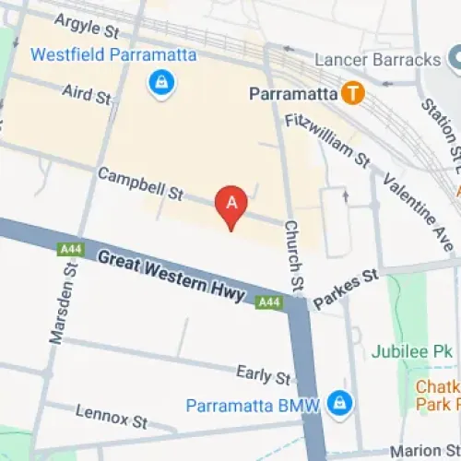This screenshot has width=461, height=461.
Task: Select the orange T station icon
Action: [350, 93]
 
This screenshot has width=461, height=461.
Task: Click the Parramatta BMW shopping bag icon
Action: [341, 403]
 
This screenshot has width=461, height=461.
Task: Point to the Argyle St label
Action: [88, 25]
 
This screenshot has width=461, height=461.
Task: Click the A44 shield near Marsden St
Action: [69, 249]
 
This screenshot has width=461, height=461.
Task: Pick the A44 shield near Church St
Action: [268, 301]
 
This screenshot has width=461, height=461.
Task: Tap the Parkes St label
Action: [346, 289]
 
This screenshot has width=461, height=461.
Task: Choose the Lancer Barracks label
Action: [377, 59]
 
